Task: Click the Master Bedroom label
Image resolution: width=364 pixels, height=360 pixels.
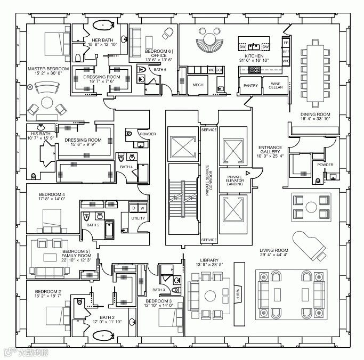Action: tap(48, 69)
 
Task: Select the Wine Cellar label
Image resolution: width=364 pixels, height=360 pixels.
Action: tap(276, 85)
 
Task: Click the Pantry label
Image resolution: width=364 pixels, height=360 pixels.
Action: tap(250, 85)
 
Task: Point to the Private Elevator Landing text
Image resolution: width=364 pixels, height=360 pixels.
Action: tap(235, 180)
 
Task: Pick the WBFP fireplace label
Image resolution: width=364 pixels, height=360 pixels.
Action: tap(238, 292)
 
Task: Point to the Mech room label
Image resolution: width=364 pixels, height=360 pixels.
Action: tap(198, 85)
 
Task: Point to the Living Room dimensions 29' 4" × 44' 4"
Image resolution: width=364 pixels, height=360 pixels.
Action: tap(273, 255)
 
